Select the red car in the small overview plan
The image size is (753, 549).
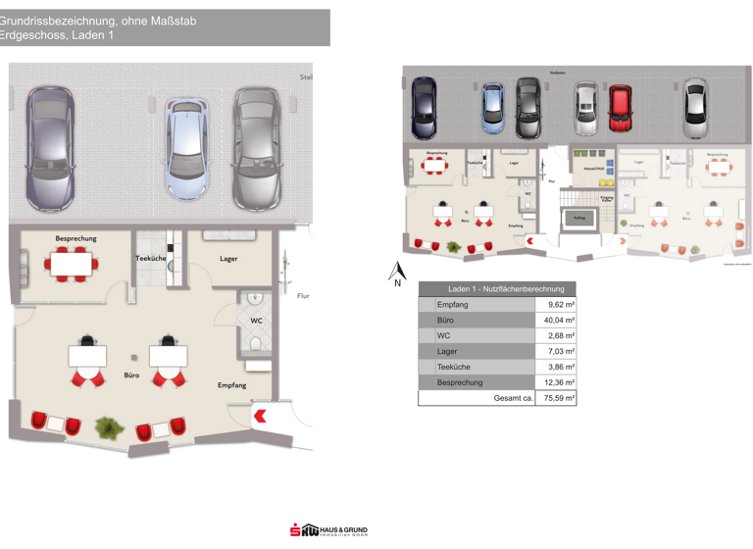pos(619,108)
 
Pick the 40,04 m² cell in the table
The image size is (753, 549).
pos(559,321)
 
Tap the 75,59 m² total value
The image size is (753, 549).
pos(559,398)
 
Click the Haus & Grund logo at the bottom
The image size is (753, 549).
pos(327,530)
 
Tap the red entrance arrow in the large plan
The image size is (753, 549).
pos(260,416)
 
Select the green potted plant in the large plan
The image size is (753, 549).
pos(106,426)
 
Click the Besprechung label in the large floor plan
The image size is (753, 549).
pos(75,238)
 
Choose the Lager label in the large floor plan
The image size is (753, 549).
pos(228,259)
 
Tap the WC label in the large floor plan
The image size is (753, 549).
pos(256,321)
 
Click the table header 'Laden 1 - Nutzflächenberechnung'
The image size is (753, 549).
pos(505,289)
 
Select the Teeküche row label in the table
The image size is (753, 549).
pos(455,367)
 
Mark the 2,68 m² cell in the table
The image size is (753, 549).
pos(559,336)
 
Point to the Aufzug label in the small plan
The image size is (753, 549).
pos(579,218)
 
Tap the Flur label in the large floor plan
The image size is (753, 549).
pos(303,295)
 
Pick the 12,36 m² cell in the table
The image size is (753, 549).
pos(559,382)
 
